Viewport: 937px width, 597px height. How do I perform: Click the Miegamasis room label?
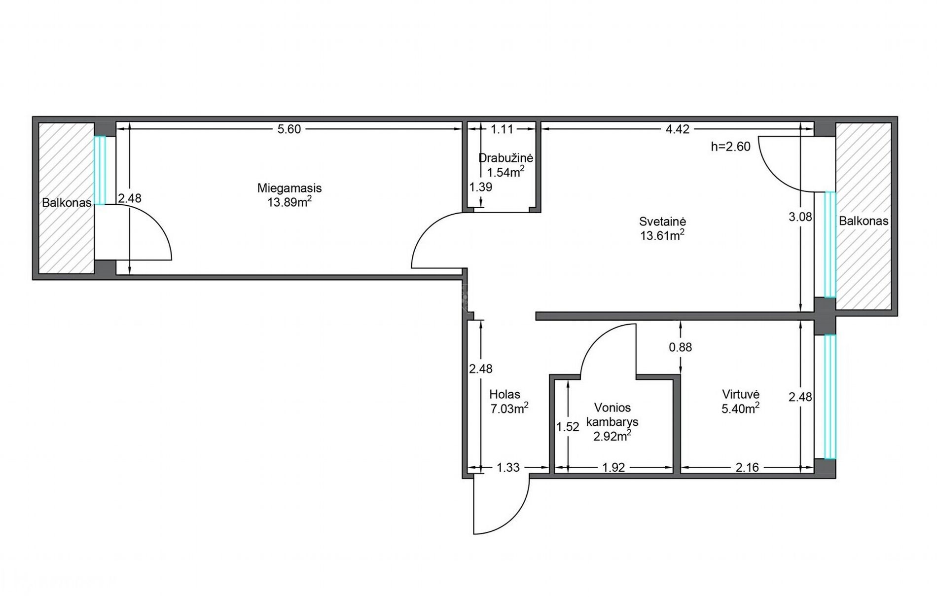click(289, 188)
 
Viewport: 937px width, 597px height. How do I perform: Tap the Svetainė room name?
click(662, 222)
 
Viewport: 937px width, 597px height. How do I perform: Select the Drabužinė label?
click(505, 158)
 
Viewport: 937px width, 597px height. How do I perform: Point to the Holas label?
click(505, 394)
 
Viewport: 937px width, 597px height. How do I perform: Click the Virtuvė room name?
click(741, 394)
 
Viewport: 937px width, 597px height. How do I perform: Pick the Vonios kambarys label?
click(613, 414)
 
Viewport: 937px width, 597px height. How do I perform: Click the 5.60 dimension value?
click(289, 129)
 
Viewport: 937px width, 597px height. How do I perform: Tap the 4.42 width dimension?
click(677, 129)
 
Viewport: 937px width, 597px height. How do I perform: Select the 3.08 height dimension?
click(800, 217)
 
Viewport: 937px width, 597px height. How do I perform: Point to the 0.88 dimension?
click(681, 347)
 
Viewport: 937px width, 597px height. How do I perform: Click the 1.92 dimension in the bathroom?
click(613, 467)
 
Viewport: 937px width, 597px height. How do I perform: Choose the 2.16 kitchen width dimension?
click(747, 467)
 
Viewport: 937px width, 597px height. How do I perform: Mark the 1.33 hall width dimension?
click(508, 467)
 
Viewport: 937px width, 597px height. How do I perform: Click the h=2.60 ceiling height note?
click(730, 147)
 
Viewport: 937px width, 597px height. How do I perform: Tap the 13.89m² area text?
click(289, 202)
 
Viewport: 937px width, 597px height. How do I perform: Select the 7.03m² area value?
click(509, 409)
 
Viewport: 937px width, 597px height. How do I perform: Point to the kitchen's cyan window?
click(830, 397)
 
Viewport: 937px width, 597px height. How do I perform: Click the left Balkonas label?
click(67, 203)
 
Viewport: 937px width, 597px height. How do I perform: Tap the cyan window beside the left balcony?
click(100, 170)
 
